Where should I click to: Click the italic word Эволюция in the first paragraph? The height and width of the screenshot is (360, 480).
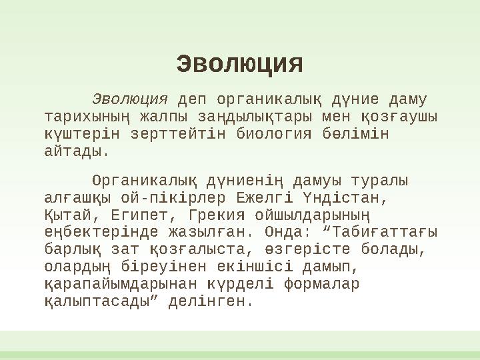129,100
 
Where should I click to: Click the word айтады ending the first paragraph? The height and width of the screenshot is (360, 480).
75,151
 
